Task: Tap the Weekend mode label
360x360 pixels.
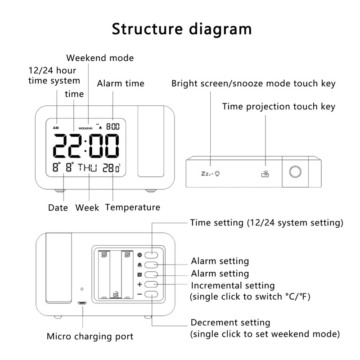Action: click(100, 58)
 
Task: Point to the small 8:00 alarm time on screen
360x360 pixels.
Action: click(112, 127)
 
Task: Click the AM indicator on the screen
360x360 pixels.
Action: click(56, 128)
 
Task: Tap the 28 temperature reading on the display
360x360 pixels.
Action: click(108, 168)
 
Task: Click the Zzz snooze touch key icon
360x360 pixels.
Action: click(210, 173)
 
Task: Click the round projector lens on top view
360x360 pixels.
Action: click(295, 172)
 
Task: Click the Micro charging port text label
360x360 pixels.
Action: click(90, 336)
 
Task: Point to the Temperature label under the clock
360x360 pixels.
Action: click(132, 207)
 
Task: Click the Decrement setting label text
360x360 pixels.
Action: click(230, 323)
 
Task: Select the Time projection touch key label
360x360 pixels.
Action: click(279, 106)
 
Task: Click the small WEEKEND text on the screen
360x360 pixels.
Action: click(85, 128)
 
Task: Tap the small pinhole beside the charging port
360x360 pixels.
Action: click(82, 288)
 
